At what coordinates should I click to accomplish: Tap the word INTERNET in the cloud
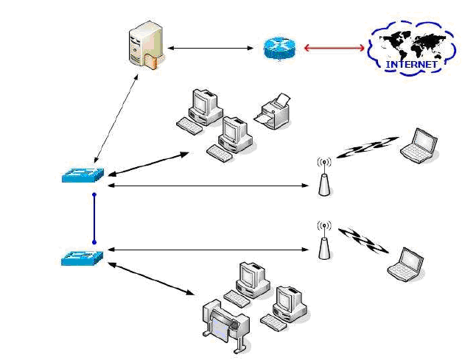[x=412, y=64]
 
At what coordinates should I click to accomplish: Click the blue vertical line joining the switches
[x=94, y=218]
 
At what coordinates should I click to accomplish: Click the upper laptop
[x=419, y=144]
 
